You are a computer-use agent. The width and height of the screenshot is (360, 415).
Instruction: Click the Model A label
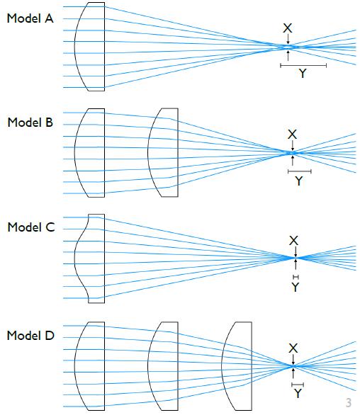click(30, 18)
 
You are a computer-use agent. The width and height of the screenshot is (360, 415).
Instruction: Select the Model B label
click(30, 123)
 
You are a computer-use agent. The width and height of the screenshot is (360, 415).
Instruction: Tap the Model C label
click(31, 227)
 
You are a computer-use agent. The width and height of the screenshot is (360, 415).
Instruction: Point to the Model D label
click(30, 336)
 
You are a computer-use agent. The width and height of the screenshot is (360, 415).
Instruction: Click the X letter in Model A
click(288, 28)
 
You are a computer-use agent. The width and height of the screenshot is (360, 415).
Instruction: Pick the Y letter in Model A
click(303, 74)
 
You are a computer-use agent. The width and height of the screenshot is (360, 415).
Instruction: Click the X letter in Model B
click(292, 135)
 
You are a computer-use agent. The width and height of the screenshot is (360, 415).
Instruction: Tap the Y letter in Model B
click(298, 181)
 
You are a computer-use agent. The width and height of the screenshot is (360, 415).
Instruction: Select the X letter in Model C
click(293, 241)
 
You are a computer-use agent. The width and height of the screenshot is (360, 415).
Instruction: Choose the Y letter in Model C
click(295, 287)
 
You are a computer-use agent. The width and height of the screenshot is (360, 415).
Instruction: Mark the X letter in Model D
click(293, 348)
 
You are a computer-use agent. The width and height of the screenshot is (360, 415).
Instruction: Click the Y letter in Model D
click(298, 394)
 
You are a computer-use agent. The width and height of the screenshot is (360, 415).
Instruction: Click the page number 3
click(349, 402)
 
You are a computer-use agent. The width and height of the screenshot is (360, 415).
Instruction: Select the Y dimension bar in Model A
click(303, 65)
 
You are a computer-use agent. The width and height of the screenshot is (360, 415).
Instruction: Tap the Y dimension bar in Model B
click(300, 171)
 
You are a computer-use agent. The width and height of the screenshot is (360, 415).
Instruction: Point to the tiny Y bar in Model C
click(296, 277)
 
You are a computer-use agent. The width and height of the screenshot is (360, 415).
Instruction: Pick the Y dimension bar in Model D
click(298, 385)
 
